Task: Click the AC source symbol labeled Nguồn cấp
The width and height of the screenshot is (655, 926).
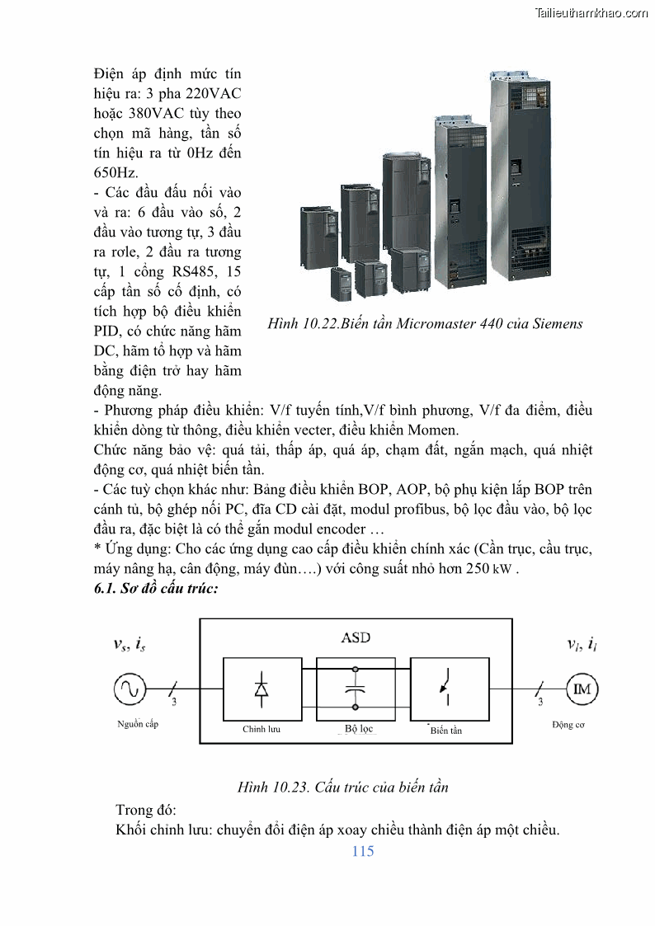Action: [x=130, y=689]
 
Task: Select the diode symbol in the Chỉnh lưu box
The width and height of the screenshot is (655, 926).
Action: [x=262, y=690]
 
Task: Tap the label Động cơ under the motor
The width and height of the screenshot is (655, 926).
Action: [x=568, y=725]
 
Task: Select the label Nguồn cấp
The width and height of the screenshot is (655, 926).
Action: [x=137, y=724]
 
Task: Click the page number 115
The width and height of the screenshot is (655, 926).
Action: [x=362, y=851]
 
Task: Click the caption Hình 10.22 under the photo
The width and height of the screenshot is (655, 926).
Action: [x=425, y=323]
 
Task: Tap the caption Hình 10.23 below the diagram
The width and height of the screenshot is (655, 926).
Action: [x=342, y=787]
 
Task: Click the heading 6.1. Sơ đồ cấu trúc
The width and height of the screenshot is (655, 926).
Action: [x=156, y=590]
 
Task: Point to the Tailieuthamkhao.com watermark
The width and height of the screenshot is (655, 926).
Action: [x=591, y=12]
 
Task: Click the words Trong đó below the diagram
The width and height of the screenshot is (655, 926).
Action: [x=146, y=809]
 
